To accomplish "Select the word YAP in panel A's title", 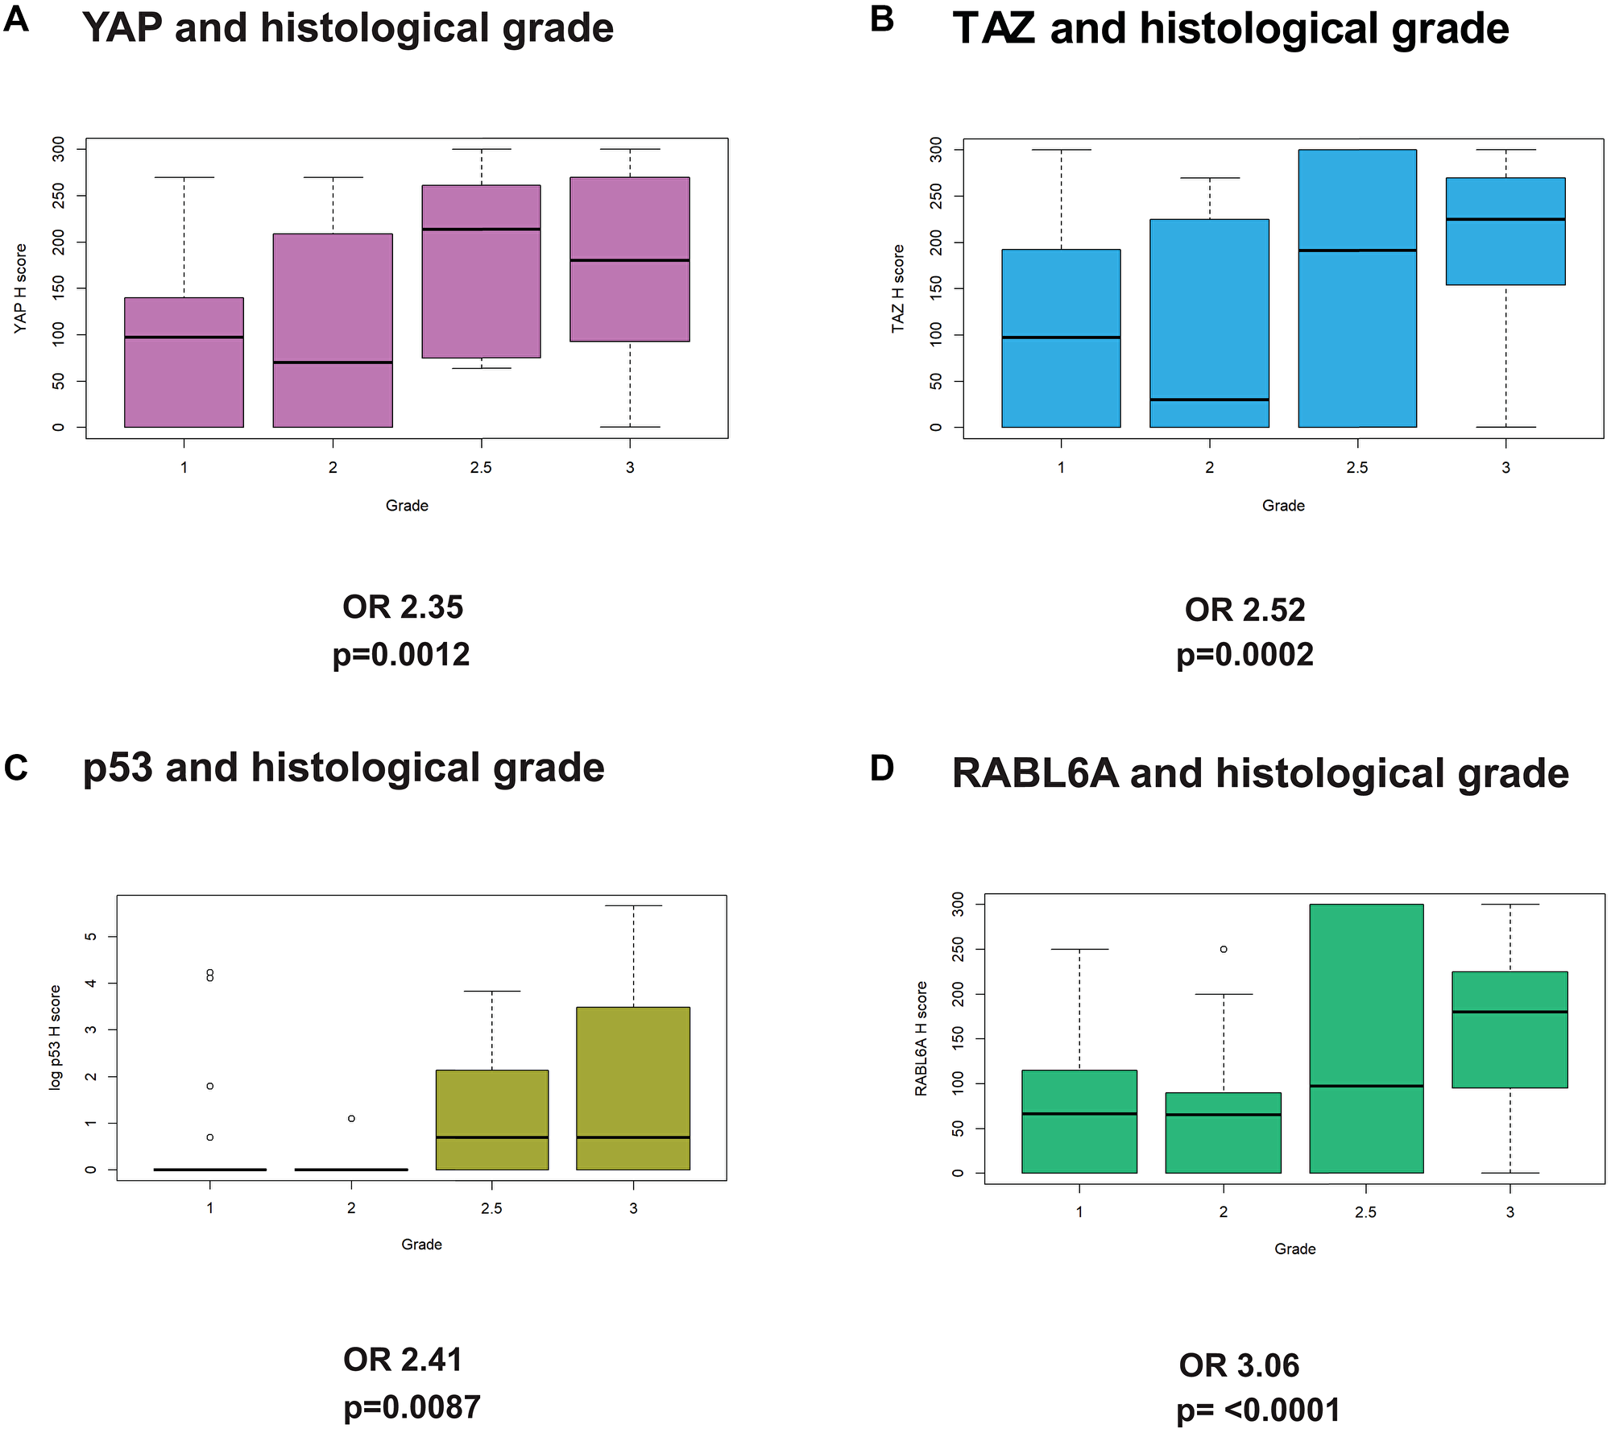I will [121, 29].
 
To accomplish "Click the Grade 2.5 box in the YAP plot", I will [481, 271].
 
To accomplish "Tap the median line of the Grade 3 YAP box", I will [629, 260].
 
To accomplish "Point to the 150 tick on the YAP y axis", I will [58, 288].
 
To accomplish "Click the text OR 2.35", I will [403, 607].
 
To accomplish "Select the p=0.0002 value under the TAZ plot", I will [1244, 655].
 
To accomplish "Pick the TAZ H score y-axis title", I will [898, 288].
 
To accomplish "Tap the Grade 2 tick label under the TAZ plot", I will [1209, 467].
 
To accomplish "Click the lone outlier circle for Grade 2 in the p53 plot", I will [351, 1119].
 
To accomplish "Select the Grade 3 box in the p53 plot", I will [633, 1087].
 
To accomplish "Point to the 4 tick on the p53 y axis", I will [91, 983].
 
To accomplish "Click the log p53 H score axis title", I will [56, 1037].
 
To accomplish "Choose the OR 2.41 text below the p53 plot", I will [403, 1361].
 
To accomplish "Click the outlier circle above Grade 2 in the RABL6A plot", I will [1224, 949].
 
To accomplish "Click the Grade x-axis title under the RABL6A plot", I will [1294, 1249].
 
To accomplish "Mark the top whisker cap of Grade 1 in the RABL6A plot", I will [1079, 949].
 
